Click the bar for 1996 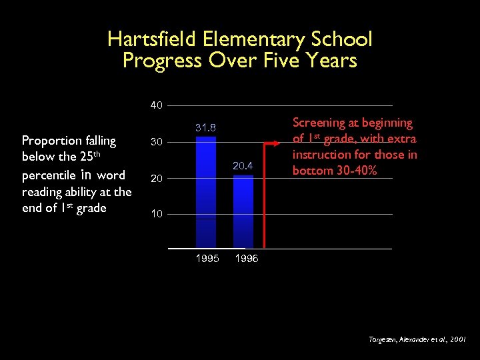click(243, 211)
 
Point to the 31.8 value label click(205, 127)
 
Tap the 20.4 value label click(243, 165)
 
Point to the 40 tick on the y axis click(156, 105)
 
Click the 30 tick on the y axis click(156, 142)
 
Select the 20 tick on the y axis click(156, 178)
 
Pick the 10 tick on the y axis click(156, 214)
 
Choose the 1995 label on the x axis click(207, 259)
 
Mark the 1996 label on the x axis click(246, 259)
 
